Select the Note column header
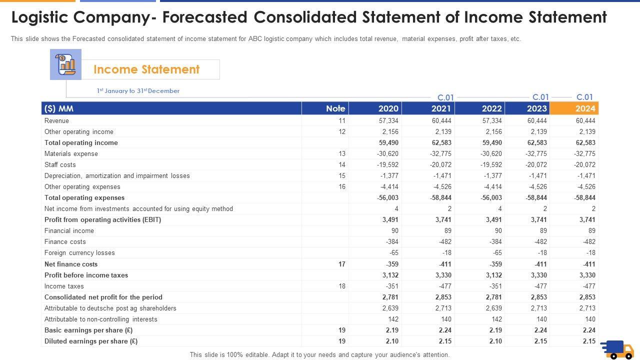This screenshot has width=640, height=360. [335, 108]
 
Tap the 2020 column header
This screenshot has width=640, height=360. [388, 108]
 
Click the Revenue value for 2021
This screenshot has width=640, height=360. [441, 121]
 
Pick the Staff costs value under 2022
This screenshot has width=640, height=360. [491, 165]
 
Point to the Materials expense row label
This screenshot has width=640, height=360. [71, 154]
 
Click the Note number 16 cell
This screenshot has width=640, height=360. [342, 187]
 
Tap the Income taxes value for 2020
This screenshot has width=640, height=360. [390, 286]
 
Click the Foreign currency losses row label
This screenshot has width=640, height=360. [79, 253]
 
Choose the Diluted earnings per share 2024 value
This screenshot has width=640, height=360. [589, 341]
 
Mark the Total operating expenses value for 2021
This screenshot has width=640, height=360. [440, 198]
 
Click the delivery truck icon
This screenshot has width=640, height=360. [616, 349]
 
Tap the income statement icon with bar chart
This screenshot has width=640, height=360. [65, 64]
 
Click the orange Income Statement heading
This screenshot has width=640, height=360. [146, 69]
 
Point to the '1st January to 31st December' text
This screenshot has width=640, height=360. [138, 91]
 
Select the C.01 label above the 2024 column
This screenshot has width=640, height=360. [584, 97]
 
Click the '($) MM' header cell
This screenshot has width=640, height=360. [59, 108]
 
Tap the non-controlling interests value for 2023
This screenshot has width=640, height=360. [541, 319]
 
